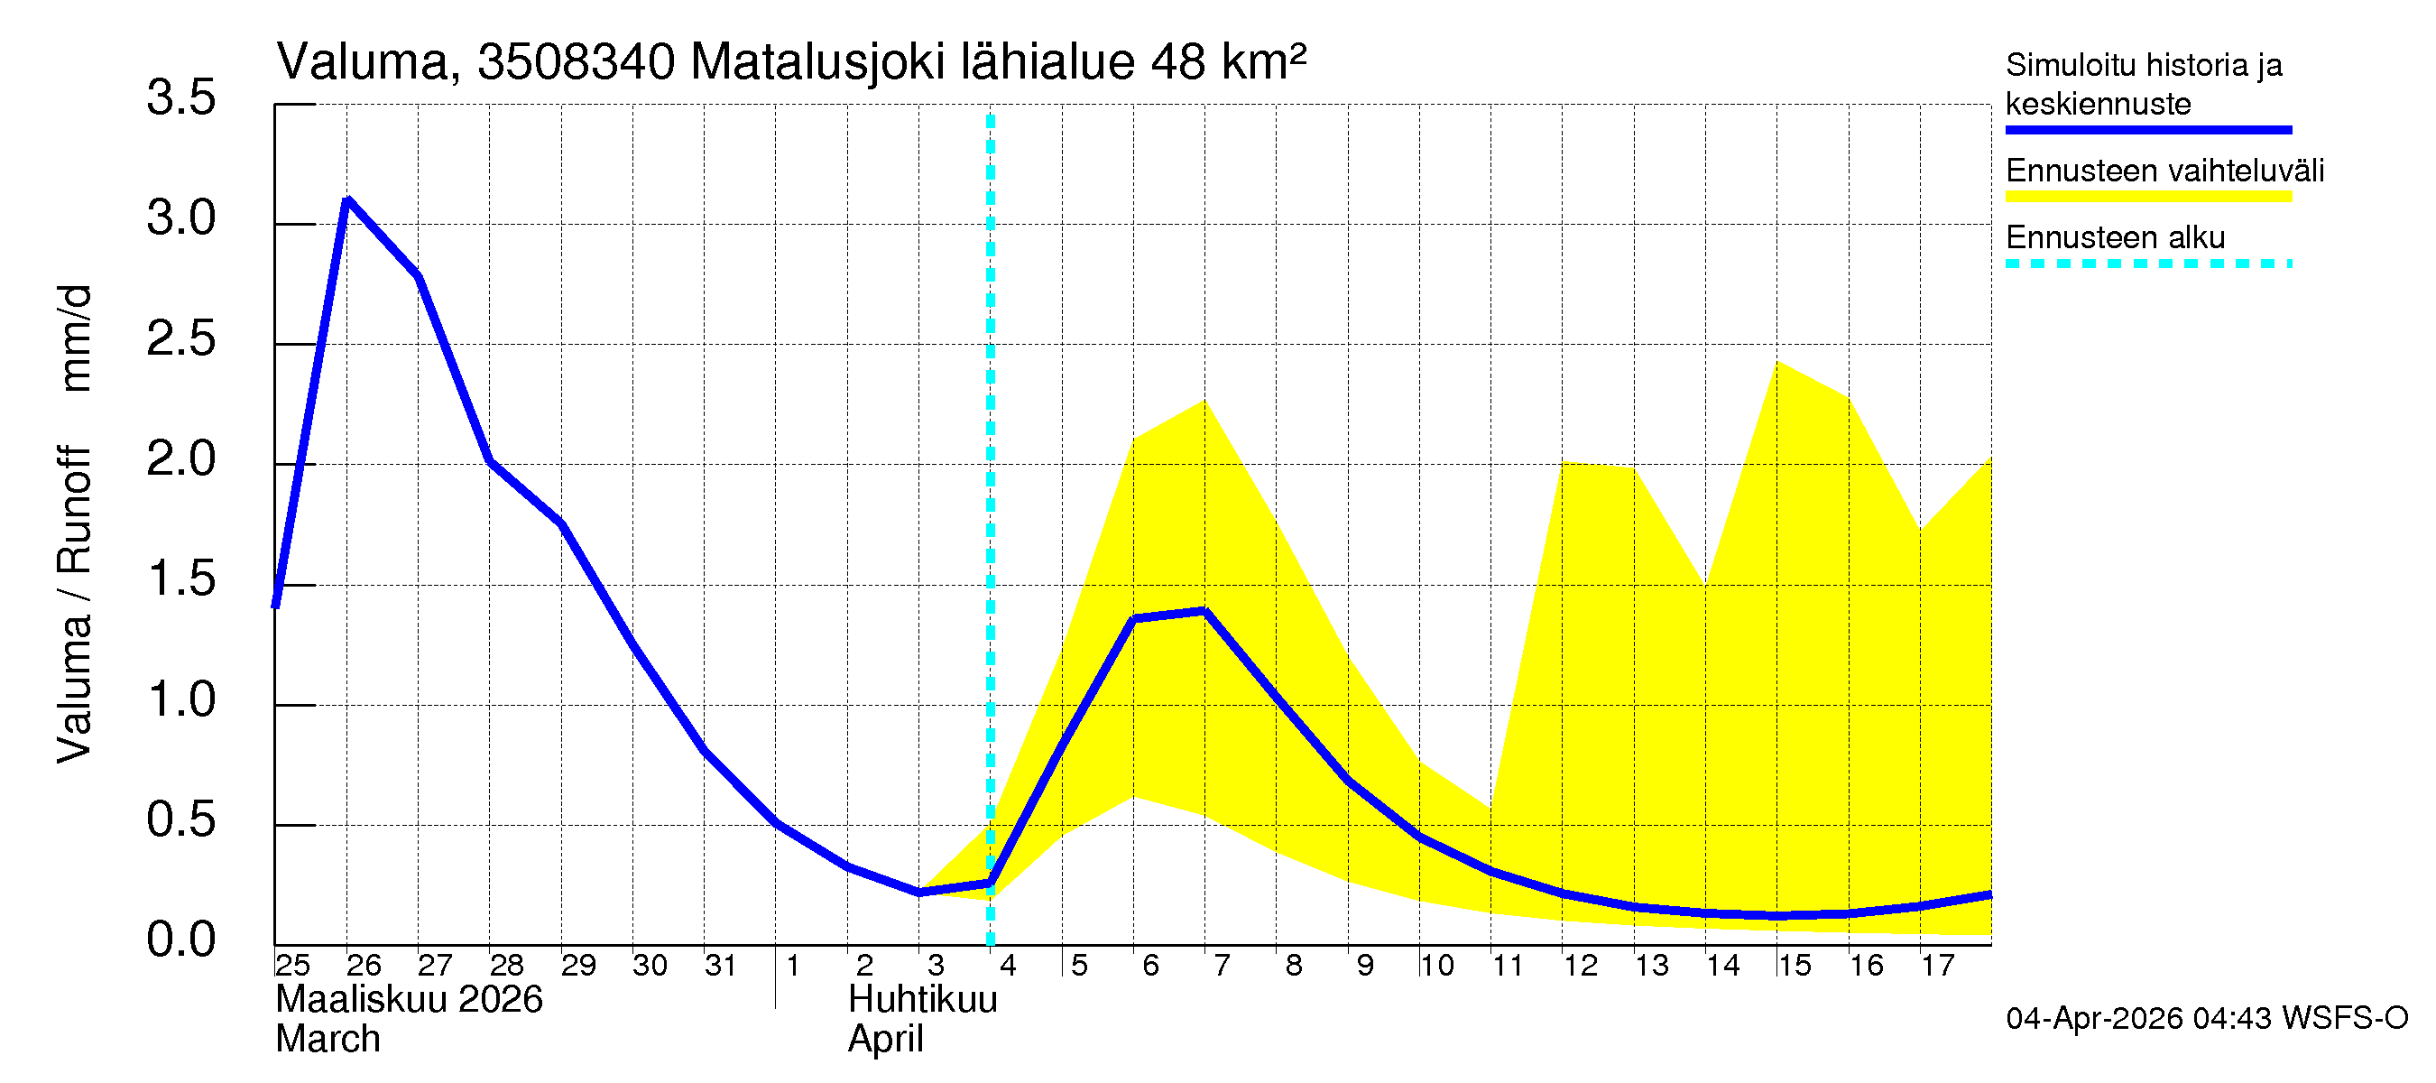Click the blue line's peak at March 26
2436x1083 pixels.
(348, 199)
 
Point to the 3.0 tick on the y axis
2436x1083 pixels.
(180, 219)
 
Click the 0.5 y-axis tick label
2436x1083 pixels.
(180, 820)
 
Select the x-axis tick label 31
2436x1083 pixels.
(721, 966)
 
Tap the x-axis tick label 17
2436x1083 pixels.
(1938, 966)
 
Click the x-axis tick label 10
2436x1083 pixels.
(1436, 966)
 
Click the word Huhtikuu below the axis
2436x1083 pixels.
(922, 1000)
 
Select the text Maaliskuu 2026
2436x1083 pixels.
(409, 1000)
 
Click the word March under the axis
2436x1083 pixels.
(328, 1040)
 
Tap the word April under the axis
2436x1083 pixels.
(885, 1040)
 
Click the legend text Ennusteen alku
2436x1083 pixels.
(2115, 237)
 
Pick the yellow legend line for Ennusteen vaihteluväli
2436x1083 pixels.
(2147, 197)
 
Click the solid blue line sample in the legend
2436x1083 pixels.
(2147, 130)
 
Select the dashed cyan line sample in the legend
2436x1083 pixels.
(2147, 264)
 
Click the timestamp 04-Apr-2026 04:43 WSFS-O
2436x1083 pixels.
(2206, 1019)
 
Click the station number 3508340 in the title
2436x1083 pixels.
(576, 63)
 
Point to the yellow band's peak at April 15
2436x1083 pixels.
(1777, 362)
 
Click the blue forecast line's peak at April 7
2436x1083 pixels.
(1204, 611)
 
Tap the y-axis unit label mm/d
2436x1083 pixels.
(76, 338)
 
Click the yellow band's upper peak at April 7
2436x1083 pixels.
(1204, 401)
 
